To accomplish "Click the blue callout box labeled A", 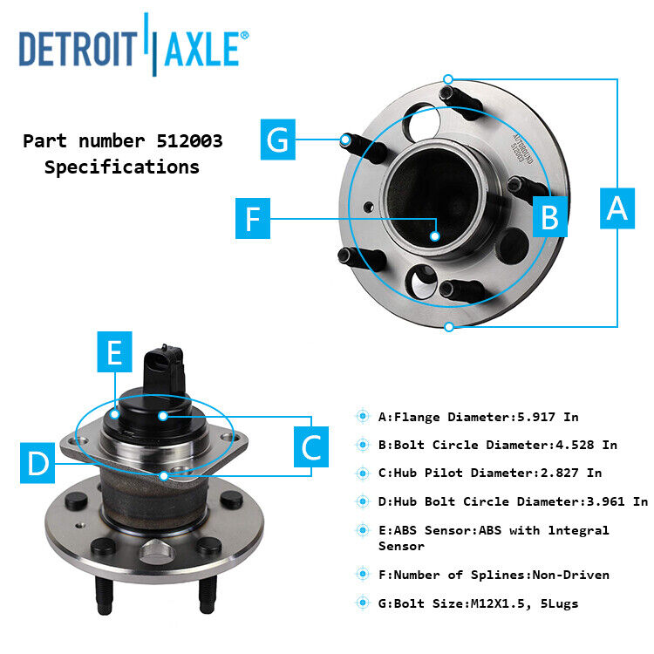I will (617, 208).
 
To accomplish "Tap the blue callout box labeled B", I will (549, 216).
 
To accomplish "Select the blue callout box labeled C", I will (311, 447).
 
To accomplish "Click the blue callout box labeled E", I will (114, 352).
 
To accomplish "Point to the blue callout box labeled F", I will (253, 218).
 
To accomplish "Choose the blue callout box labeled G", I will (278, 140).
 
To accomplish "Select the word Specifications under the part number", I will (122, 167).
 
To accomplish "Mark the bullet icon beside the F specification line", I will (362, 575).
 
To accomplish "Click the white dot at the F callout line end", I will (434, 235).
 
